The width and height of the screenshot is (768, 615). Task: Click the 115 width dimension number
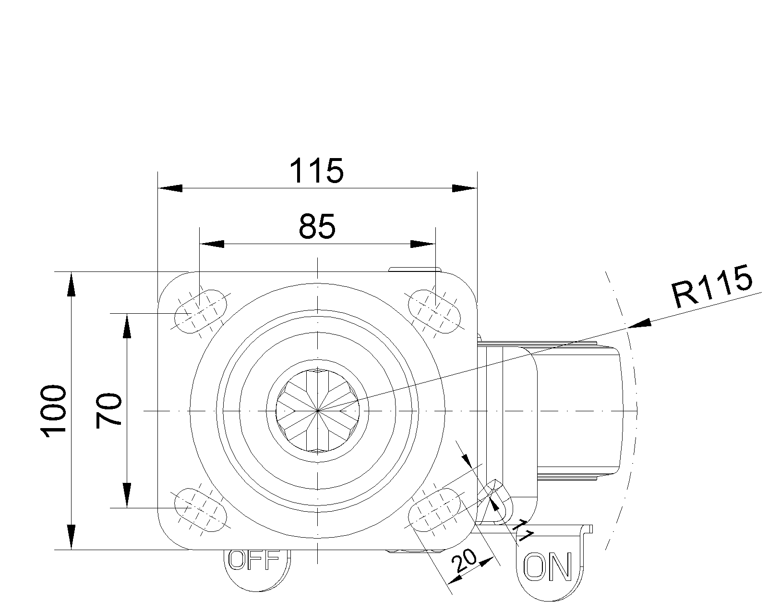[317, 171]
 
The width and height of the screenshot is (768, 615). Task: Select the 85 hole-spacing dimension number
[317, 227]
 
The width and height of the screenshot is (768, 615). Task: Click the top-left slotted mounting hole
[201, 312]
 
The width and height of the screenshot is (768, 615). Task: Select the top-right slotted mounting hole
[434, 312]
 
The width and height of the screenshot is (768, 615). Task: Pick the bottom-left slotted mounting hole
[201, 510]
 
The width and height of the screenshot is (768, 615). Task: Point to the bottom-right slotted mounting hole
[434, 510]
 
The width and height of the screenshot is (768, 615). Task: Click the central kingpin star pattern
[317, 411]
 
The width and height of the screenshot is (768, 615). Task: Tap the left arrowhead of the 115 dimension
[170, 188]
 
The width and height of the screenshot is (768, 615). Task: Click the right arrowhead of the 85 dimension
[423, 244]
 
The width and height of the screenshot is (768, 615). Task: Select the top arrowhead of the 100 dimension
[72, 284]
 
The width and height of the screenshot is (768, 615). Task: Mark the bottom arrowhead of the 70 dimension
[127, 495]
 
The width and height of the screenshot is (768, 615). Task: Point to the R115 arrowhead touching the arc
[639, 323]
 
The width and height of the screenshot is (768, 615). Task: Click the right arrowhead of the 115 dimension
[465, 188]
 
